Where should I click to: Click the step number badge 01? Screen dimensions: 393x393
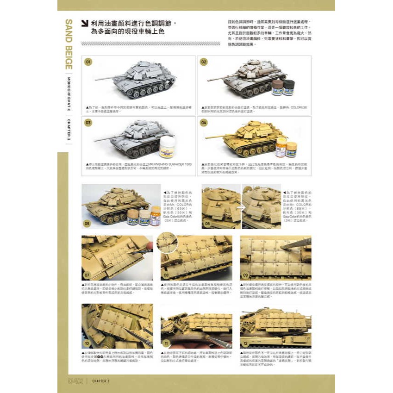[88, 62]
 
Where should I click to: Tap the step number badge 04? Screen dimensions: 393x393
[204, 123]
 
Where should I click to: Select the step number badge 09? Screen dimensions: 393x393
[246, 275]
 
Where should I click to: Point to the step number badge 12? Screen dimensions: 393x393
[246, 343]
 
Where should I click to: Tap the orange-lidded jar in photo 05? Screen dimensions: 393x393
[156, 216]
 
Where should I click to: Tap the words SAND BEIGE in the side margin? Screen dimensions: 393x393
[69, 44]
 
